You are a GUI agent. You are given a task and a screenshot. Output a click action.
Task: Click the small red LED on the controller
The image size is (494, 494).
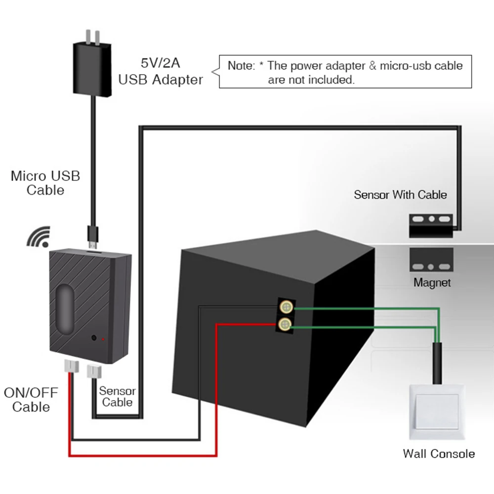pos(103,339)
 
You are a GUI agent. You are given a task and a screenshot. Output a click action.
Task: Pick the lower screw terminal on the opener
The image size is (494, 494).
pos(285,325)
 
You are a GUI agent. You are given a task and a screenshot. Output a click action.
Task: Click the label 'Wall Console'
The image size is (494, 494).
pos(439,453)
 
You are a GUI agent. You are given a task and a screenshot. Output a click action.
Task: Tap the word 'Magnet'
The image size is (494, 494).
pos(432,283)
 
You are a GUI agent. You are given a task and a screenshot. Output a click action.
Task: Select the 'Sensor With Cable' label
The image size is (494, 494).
pos(400,195)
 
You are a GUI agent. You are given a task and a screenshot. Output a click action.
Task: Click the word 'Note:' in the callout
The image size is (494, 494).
pos(241,66)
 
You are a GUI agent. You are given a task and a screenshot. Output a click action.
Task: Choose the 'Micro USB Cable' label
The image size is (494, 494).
pos(45,183)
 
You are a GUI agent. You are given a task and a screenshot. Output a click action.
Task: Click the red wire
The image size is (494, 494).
pos(143,454)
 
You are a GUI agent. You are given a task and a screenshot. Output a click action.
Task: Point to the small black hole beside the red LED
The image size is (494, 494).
pos(93,339)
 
